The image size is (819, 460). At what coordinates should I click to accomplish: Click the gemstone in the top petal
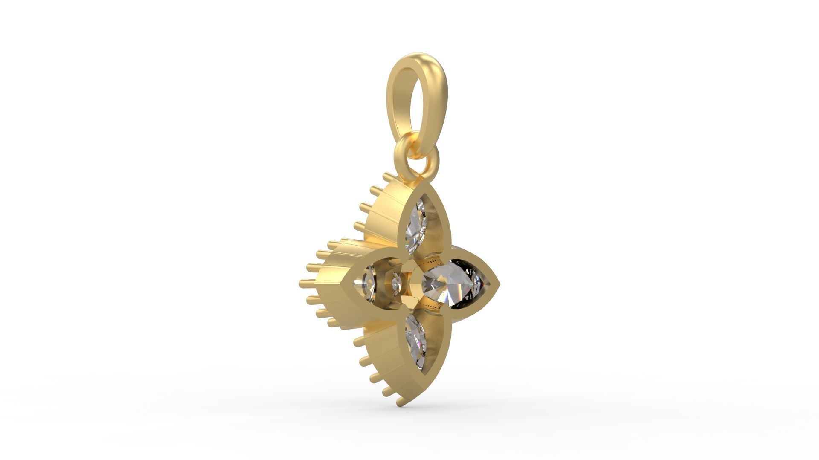tap(416, 226)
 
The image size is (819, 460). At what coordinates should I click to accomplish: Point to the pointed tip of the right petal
tap(498, 284)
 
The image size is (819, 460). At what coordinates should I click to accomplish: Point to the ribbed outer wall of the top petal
tap(384, 213)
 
